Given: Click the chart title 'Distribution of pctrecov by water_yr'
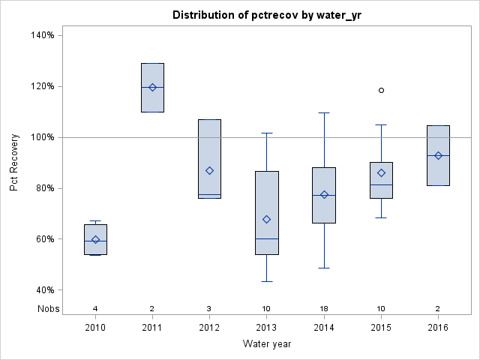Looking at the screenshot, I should click(266, 15).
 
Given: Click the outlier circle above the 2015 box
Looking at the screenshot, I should click(381, 90).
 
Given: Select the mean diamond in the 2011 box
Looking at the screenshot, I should click(152, 87).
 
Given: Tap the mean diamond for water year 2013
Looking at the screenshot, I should click(267, 219).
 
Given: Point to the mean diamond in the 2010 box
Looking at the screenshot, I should click(95, 240).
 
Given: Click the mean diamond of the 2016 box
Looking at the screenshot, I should click(438, 155).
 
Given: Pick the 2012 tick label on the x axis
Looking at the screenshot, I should click(209, 328).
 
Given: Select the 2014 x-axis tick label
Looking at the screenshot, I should click(324, 328).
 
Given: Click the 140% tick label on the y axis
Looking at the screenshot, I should click(41, 35).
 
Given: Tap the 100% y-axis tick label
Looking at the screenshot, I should click(41, 137).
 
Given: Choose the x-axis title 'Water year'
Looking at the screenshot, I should click(266, 344).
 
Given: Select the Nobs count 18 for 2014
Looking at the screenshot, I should click(324, 308).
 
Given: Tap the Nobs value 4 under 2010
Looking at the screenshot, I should click(95, 308).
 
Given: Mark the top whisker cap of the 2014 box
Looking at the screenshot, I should click(324, 112).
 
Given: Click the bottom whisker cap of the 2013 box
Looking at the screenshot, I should click(267, 281).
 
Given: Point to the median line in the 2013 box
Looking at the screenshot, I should click(267, 238).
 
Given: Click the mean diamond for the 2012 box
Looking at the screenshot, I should click(209, 170).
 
